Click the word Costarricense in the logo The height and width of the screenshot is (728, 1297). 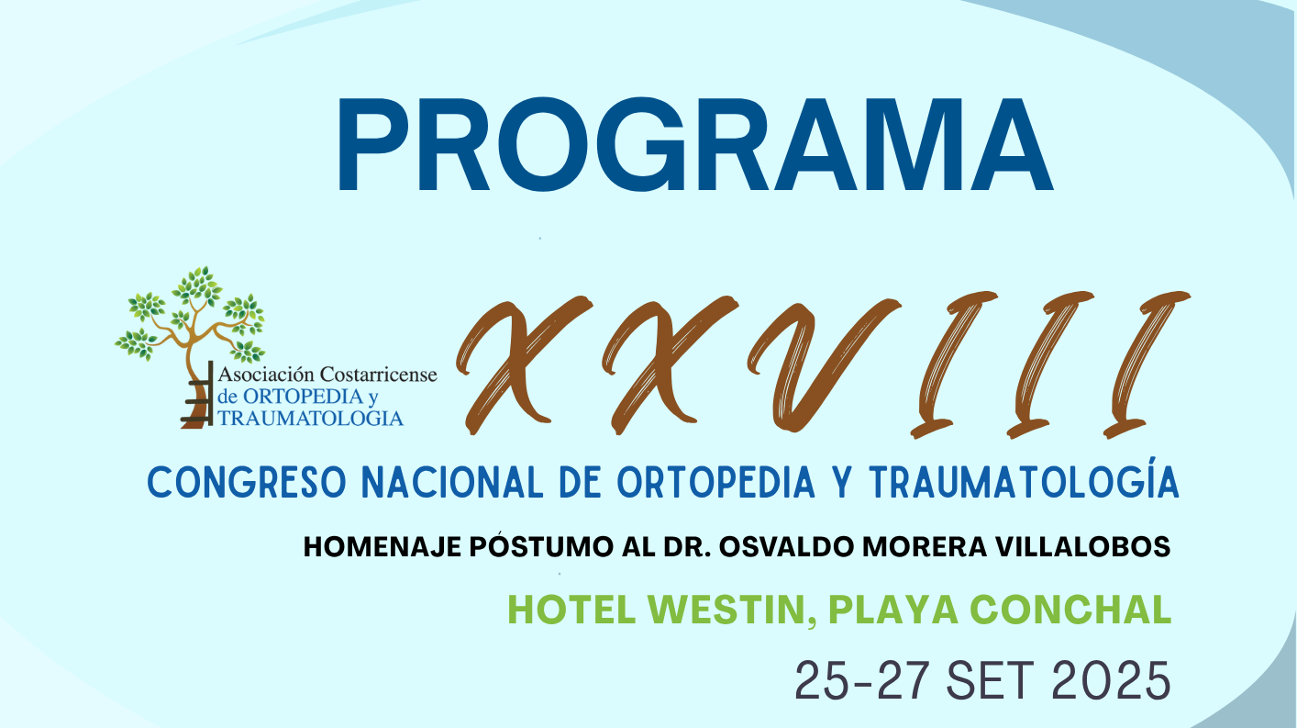[x=379, y=375]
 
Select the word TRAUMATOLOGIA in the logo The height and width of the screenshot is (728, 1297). [x=310, y=418]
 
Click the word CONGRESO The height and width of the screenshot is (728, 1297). [x=248, y=482]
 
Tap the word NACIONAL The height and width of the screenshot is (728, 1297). [x=452, y=482]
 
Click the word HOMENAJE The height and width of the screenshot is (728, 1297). [x=382, y=547]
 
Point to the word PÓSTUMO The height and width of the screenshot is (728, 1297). [x=541, y=546]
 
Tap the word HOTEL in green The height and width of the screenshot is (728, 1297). [x=572, y=610]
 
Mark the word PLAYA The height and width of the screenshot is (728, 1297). [x=892, y=610]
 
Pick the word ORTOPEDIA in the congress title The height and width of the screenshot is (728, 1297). [x=715, y=482]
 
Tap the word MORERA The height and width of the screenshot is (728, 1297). [x=925, y=547]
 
